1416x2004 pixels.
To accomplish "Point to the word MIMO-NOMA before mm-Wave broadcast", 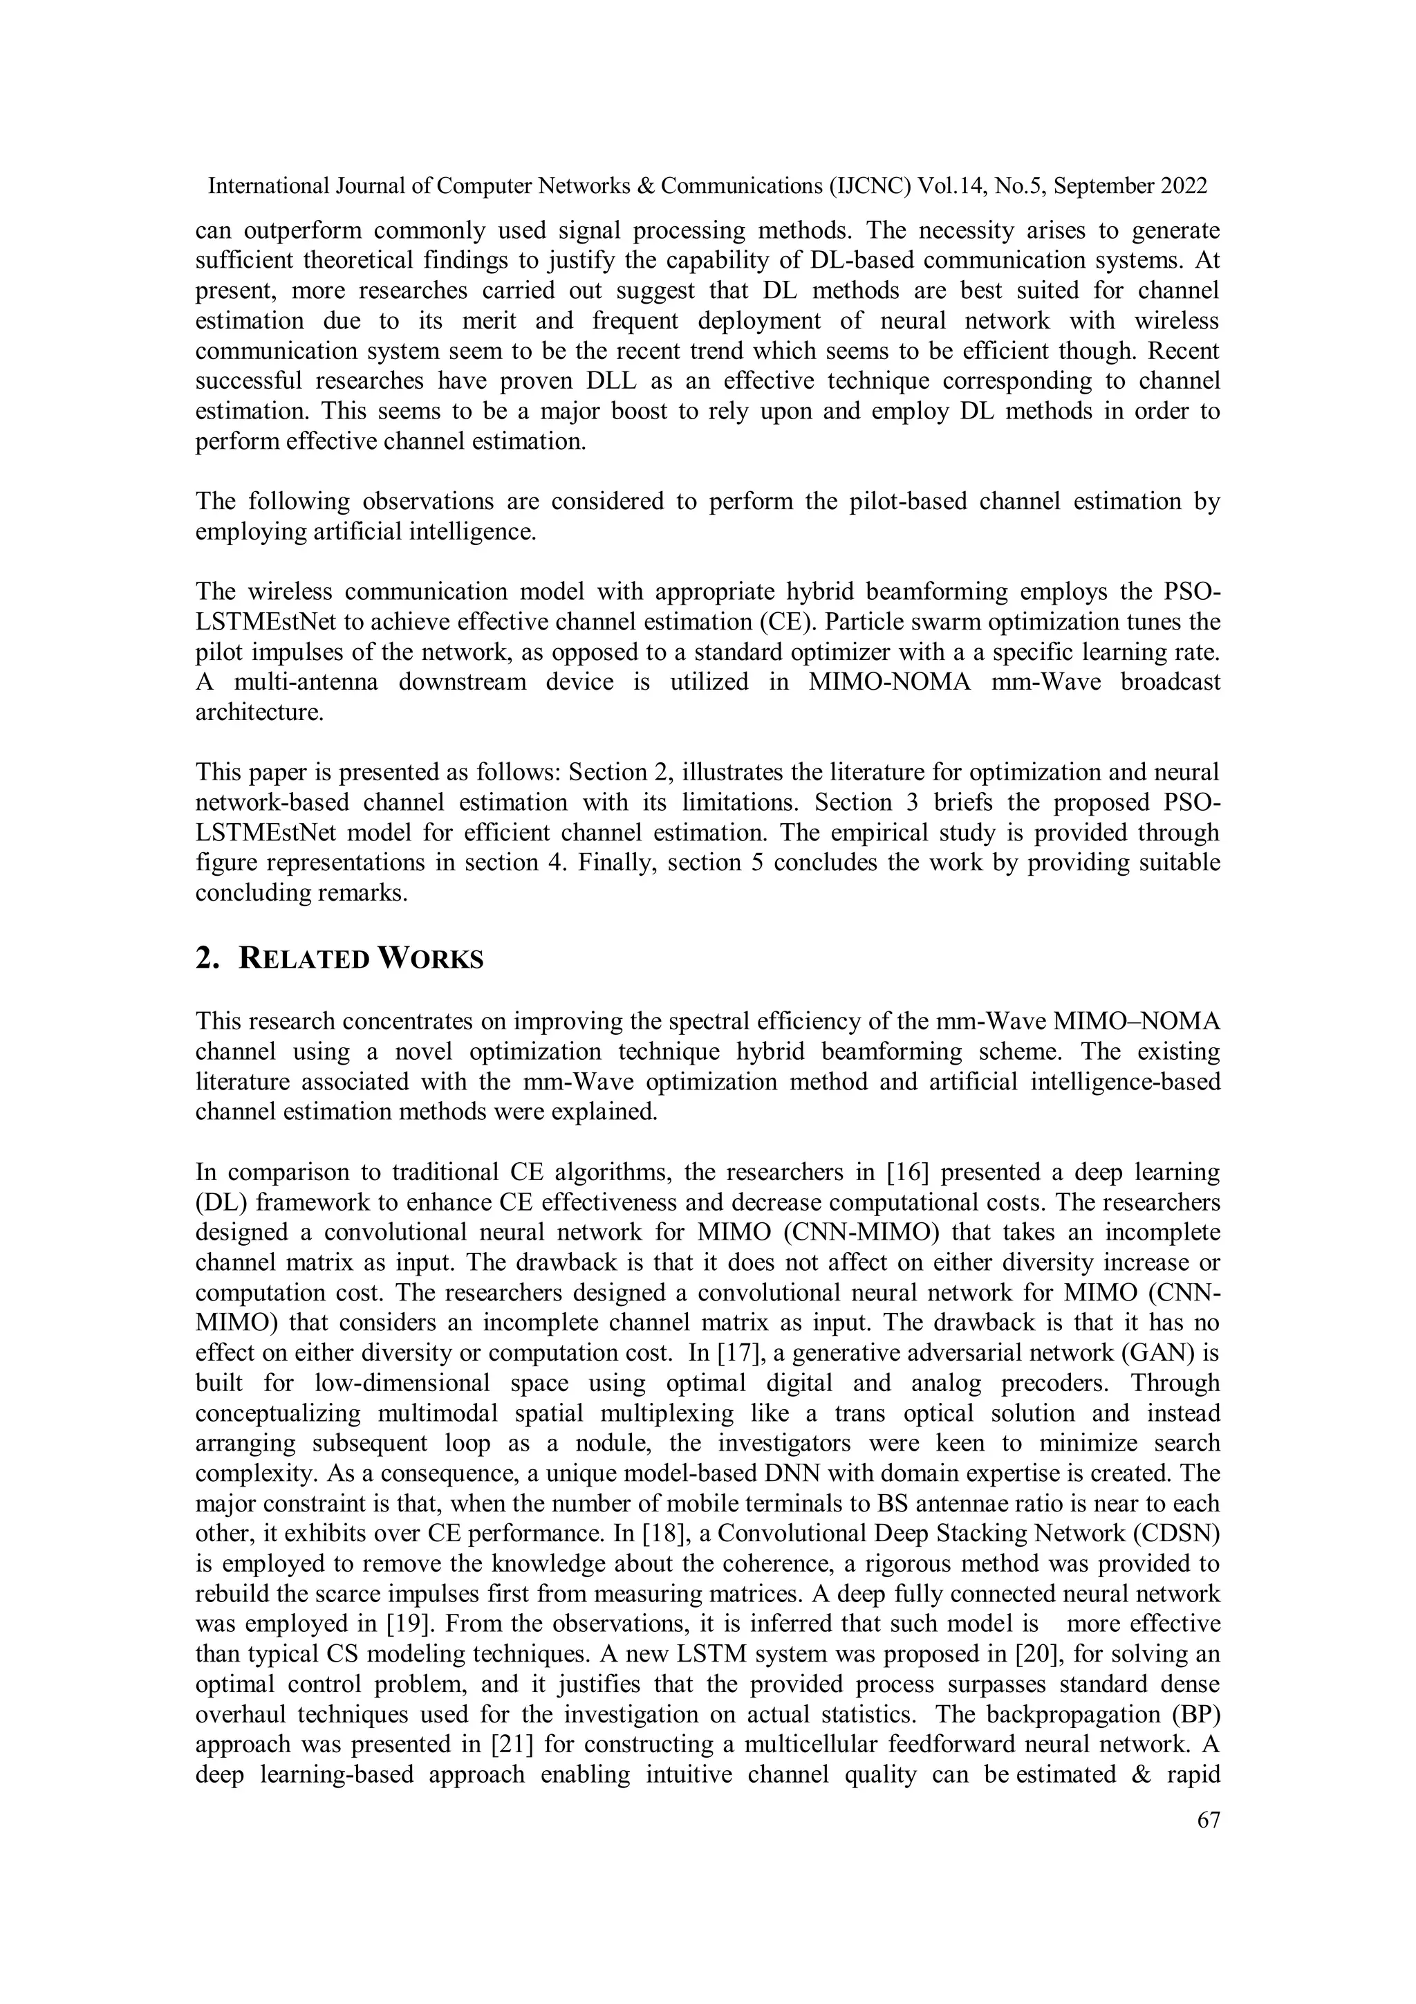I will point(889,681).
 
